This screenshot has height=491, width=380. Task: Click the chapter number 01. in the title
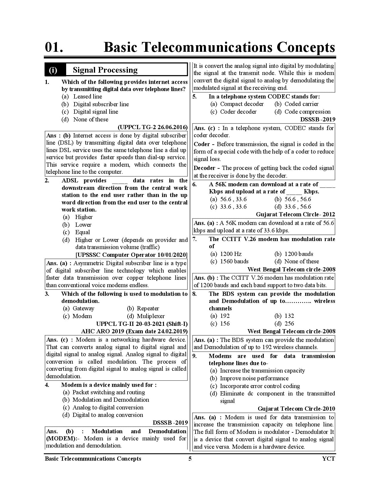(54, 48)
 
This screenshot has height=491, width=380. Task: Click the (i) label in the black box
(53, 70)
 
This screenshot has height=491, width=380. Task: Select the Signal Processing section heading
(105, 70)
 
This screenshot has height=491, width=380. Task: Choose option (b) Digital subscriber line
(101, 104)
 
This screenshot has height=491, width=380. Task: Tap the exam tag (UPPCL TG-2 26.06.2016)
(153, 127)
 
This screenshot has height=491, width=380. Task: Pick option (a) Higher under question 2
(84, 217)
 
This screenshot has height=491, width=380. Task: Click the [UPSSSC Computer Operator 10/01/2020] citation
(131, 255)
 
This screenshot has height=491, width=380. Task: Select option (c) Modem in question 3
(82, 316)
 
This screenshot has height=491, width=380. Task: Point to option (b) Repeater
(148, 308)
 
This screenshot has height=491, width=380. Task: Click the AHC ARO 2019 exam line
(134, 331)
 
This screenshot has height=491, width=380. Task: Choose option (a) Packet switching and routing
(108, 392)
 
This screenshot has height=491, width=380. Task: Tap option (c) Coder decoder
(238, 112)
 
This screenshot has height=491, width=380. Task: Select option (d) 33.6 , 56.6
(297, 207)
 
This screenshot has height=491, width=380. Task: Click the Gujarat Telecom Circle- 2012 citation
(295, 214)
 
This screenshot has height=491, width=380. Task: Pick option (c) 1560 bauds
(234, 261)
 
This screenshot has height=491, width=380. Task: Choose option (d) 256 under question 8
(289, 323)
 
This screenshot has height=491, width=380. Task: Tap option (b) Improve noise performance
(254, 378)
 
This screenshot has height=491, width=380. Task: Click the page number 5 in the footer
(190, 459)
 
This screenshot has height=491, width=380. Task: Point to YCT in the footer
(328, 459)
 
